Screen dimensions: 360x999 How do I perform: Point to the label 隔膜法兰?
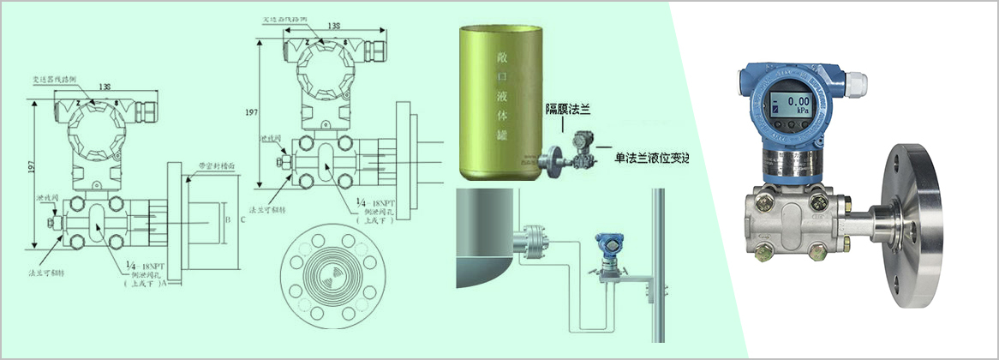point(571,109)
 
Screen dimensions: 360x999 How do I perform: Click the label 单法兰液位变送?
point(651,159)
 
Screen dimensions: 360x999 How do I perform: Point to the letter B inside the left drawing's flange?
point(226,220)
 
